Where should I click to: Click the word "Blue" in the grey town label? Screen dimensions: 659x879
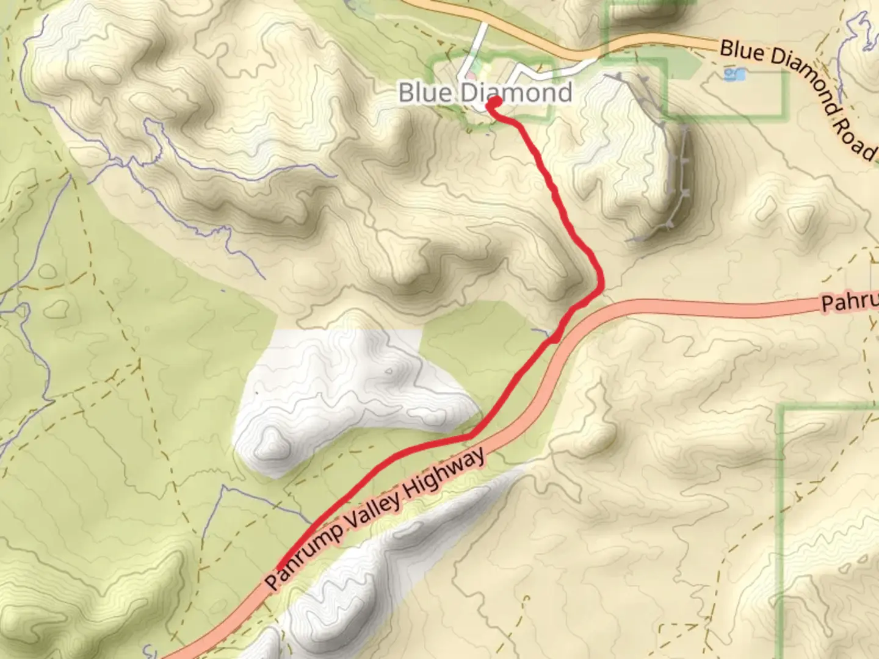click(x=425, y=93)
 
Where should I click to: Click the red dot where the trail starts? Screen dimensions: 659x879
click(x=493, y=103)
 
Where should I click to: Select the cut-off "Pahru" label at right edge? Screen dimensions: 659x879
click(x=848, y=302)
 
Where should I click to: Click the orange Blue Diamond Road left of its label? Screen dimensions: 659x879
click(x=659, y=45)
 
